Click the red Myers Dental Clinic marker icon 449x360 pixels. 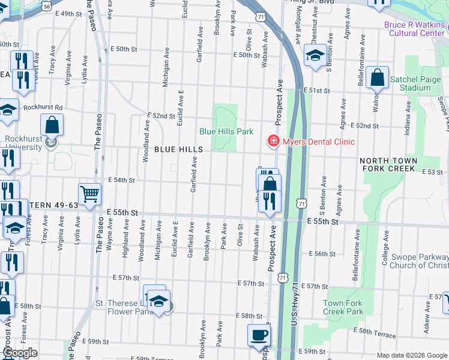[274, 141]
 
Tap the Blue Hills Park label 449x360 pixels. [226, 131]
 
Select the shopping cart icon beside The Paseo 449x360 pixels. [89, 194]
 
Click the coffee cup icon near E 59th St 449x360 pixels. [259, 335]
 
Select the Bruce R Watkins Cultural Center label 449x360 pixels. [415, 29]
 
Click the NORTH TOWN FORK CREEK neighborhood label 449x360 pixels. [396, 165]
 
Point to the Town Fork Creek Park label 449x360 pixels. [343, 307]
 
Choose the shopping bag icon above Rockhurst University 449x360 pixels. [52, 125]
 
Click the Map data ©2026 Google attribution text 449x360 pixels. [411, 355]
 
